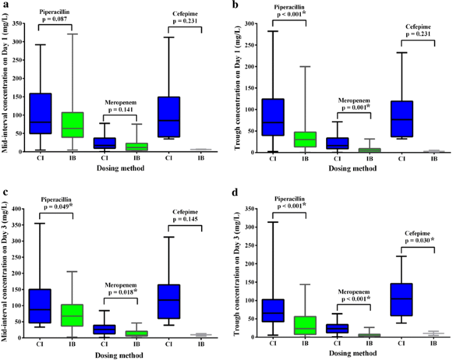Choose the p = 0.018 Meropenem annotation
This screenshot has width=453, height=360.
pyautogui.click(x=120, y=290)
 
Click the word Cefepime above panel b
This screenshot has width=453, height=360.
pyautogui.click(x=417, y=27)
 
